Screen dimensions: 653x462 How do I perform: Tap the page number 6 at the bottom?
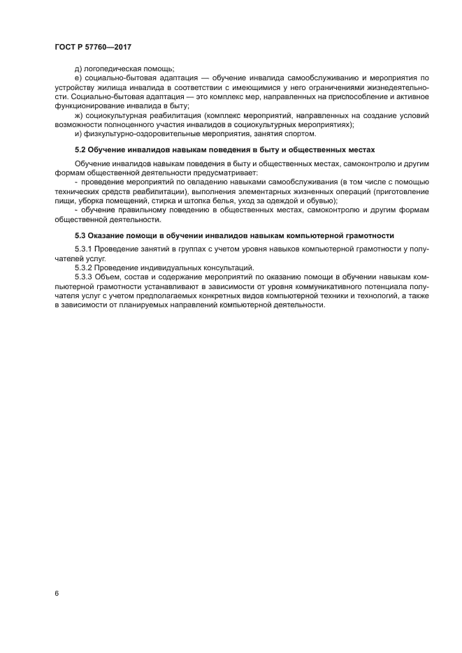[56, 593]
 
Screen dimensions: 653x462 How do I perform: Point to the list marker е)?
[78, 78]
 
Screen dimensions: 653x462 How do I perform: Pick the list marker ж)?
[78, 115]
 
